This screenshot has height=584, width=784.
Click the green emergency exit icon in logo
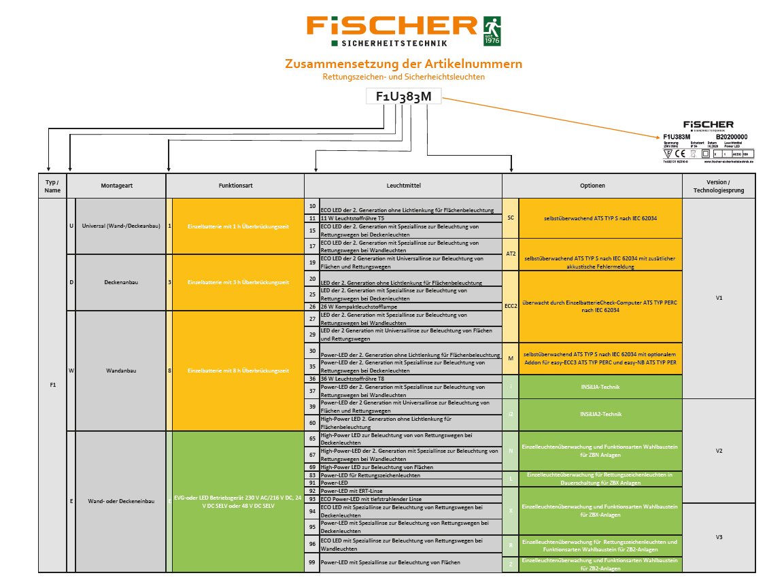[492, 31]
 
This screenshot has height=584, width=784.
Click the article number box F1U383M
[403, 97]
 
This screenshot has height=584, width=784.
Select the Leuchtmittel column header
[403, 186]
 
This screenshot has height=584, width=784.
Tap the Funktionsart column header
[235, 186]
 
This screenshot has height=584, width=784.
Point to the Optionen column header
[592, 186]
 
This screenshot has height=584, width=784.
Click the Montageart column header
[116, 186]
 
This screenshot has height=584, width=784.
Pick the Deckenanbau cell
[121, 282]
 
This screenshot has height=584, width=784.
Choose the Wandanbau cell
[121, 371]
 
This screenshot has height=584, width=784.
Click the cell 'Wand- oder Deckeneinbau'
[121, 502]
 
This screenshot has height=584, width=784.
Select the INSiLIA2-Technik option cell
[600, 414]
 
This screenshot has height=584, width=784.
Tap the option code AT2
[511, 253]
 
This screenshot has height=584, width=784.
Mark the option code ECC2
[511, 306]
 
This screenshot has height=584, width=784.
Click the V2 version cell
[719, 451]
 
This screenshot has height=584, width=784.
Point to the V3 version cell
[719, 537]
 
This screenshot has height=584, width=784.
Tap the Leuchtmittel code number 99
[312, 562]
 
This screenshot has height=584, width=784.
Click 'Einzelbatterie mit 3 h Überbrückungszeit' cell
[238, 282]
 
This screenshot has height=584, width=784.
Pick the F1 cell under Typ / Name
[52, 385]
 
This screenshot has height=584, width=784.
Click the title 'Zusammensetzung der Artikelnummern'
[403, 64]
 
